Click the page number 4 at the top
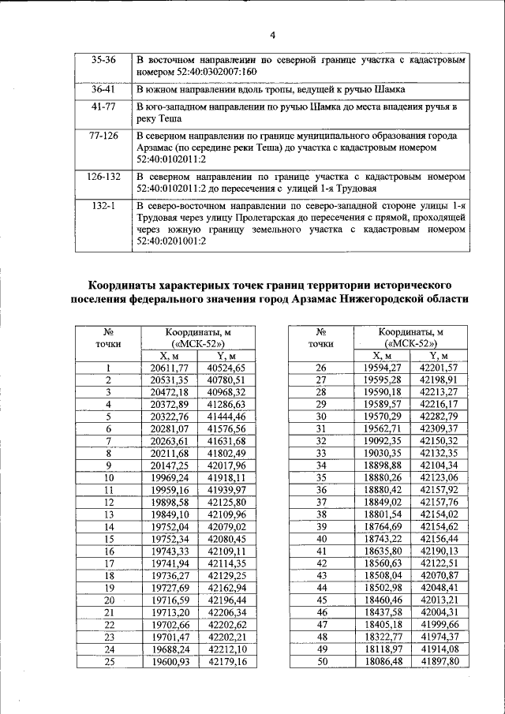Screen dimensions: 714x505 click(x=272, y=34)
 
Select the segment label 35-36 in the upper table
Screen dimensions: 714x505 click(x=103, y=59)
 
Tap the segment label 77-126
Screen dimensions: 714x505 click(x=103, y=136)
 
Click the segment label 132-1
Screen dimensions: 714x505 click(x=103, y=205)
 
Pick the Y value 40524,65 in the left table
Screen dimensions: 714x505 click(x=226, y=368)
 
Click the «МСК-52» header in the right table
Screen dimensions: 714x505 click(x=410, y=344)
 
